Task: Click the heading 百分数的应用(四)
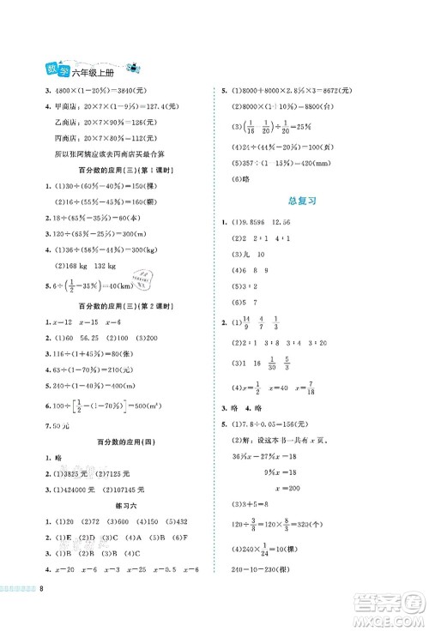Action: (x=115, y=438)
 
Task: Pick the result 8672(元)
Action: (x=335, y=92)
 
